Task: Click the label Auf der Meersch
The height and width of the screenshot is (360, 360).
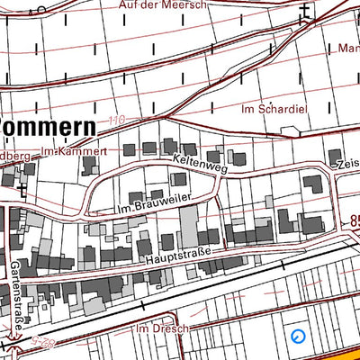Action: (163, 5)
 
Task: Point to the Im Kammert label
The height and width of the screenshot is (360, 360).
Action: (75, 151)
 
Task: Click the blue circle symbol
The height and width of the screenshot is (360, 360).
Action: (299, 337)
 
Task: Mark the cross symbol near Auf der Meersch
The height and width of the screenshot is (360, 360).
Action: (305, 11)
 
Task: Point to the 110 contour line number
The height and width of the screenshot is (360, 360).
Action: (114, 119)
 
